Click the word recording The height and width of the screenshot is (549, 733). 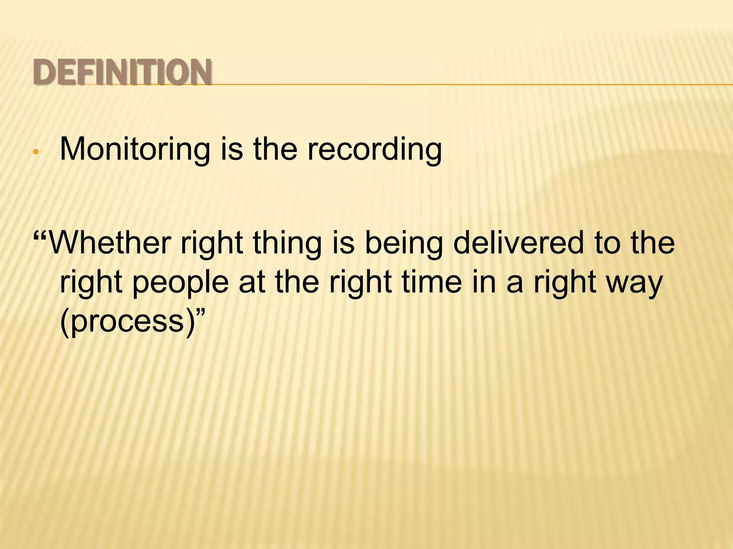[x=374, y=149]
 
